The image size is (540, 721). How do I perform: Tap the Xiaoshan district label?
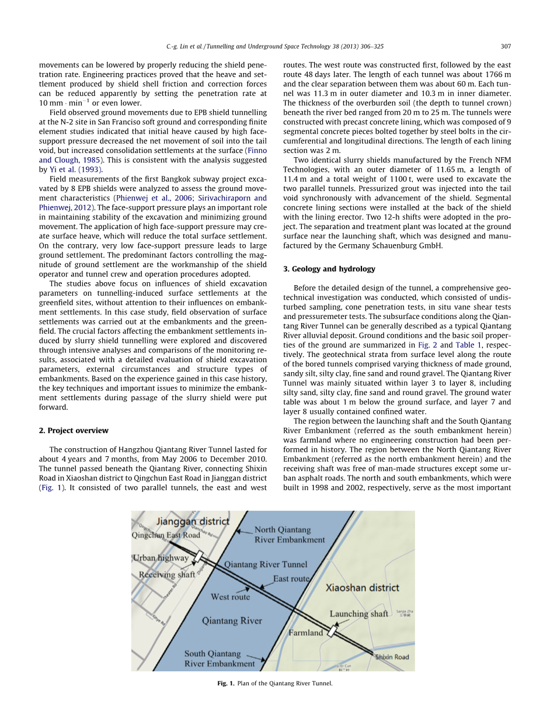click(x=362, y=587)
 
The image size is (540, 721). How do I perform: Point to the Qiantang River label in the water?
click(x=232, y=621)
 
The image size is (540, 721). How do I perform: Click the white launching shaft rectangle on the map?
click(x=332, y=631)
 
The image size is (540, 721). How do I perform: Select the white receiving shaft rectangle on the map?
click(x=198, y=556)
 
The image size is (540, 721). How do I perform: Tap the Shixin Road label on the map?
click(x=392, y=657)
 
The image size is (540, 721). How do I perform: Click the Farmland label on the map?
click(x=305, y=633)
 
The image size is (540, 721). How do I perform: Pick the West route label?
click(x=230, y=597)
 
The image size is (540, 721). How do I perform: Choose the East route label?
click(x=291, y=578)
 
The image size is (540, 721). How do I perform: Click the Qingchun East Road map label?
click(x=166, y=535)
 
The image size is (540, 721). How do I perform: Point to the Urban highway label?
click(x=161, y=558)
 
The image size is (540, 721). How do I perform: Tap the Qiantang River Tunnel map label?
click(x=266, y=564)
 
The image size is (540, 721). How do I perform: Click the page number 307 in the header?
click(x=506, y=47)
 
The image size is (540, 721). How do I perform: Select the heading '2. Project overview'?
click(x=74, y=431)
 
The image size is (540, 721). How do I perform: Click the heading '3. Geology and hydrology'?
click(x=325, y=269)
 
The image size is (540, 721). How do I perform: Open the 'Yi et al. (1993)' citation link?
click(x=76, y=169)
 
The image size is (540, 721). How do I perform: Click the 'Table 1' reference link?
click(x=469, y=345)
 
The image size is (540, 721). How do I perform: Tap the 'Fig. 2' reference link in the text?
click(x=427, y=345)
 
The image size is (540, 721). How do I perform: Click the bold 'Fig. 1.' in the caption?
click(x=225, y=683)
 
